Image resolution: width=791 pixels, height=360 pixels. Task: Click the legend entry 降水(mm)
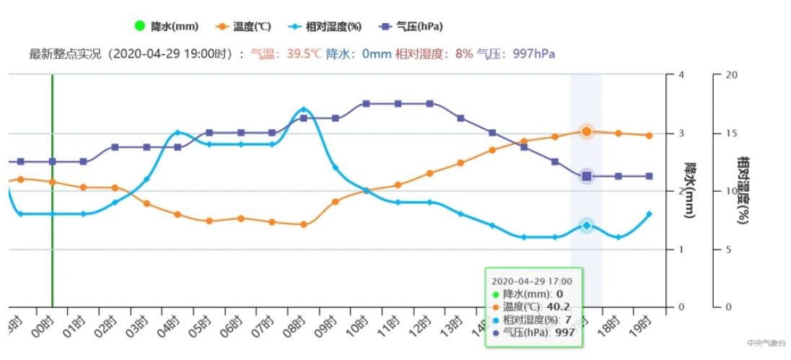coord(167,27)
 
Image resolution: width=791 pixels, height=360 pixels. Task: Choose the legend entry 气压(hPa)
coord(411,27)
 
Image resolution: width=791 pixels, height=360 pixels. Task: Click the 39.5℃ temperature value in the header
coord(304,54)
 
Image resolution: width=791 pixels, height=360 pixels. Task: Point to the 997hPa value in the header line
coord(534,54)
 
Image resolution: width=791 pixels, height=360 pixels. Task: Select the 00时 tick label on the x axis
coord(46,320)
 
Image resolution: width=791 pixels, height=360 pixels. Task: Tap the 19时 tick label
coord(643,320)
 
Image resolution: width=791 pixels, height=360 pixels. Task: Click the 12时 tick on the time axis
coord(423,320)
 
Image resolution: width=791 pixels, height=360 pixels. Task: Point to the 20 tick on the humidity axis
coord(730,74)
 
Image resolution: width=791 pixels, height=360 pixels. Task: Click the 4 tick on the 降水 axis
coord(681,74)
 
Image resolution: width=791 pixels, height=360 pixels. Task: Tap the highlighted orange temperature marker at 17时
coord(586,131)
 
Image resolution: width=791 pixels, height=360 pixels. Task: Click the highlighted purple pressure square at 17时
coord(586,176)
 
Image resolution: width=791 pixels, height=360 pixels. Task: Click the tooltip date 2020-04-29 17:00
coord(531,281)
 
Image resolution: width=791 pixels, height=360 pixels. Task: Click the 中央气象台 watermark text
coord(764,343)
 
